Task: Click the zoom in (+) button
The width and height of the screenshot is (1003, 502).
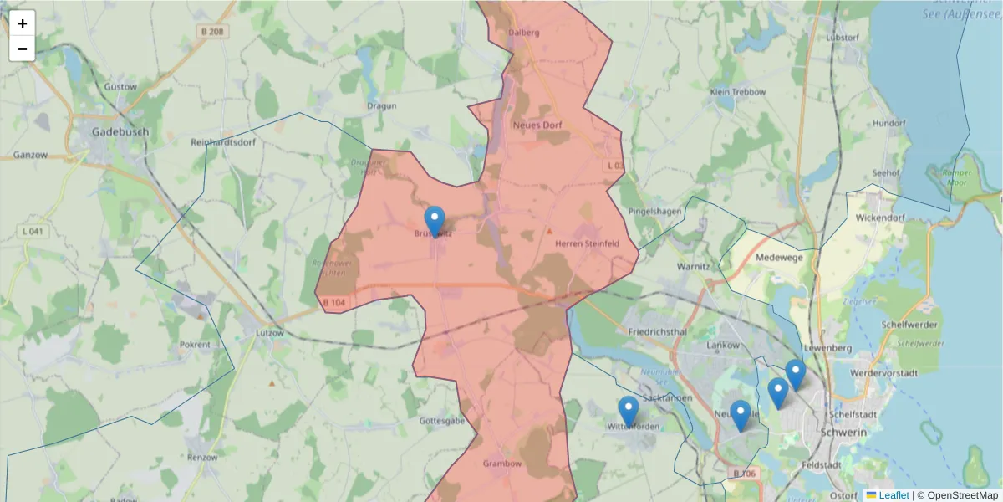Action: click(23, 23)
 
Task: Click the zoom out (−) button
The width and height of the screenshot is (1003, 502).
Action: click(23, 49)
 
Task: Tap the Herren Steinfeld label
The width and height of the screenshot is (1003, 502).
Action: click(587, 244)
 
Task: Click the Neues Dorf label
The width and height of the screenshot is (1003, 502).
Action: click(536, 125)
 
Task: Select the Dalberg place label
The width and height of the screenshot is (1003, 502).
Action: click(524, 33)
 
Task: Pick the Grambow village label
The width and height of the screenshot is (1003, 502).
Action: click(502, 464)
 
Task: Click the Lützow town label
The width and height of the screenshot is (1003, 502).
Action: click(264, 332)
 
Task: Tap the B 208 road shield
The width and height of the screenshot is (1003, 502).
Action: click(212, 32)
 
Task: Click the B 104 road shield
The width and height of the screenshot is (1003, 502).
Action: click(333, 303)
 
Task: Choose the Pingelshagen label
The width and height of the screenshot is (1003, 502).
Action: click(654, 211)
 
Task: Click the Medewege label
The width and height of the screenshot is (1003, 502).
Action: click(779, 258)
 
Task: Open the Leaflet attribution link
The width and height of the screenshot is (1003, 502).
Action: click(894, 495)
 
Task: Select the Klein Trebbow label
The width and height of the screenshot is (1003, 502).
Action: click(737, 91)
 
